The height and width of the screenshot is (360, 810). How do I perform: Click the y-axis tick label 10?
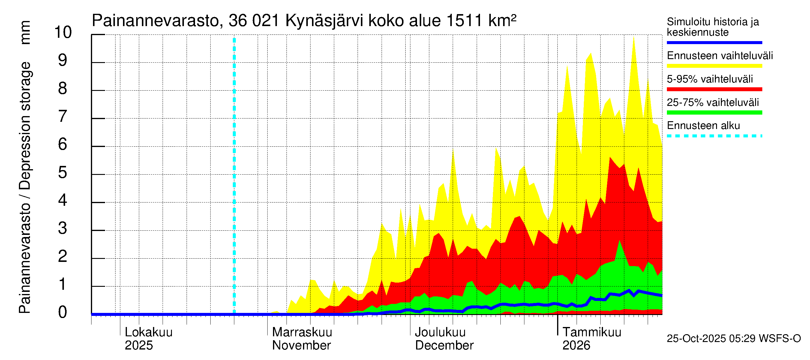coord(63,32)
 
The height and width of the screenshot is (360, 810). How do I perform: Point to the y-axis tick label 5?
coord(63,172)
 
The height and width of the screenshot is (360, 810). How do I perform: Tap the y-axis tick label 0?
coord(63,312)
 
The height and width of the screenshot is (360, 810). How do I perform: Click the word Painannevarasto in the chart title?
coord(155,21)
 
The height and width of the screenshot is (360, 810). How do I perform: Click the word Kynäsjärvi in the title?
coord(324,21)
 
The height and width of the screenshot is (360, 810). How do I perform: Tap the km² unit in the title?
coord(502,20)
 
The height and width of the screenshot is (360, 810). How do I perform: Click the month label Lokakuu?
coord(149,332)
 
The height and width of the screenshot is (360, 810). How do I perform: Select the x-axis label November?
coord(301,346)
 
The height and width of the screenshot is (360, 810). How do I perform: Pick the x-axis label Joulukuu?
coord(440,332)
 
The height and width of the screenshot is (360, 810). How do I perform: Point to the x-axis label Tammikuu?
coord(592,332)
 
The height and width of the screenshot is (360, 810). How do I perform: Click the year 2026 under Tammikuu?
coord(576,346)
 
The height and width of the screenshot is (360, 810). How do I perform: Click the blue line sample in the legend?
coord(714,42)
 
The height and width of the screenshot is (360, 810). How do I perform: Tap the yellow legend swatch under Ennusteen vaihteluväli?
coord(714,66)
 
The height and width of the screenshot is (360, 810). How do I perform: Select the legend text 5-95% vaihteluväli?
coord(710,79)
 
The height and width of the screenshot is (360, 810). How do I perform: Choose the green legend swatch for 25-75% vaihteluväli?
coord(714,112)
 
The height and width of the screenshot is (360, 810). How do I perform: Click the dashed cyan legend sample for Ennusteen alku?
coord(714,136)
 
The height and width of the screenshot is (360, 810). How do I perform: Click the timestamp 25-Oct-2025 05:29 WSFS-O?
coord(733,339)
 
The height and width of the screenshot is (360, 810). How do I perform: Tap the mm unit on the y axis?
coord(25,32)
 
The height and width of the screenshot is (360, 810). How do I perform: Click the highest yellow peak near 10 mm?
coord(634,38)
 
